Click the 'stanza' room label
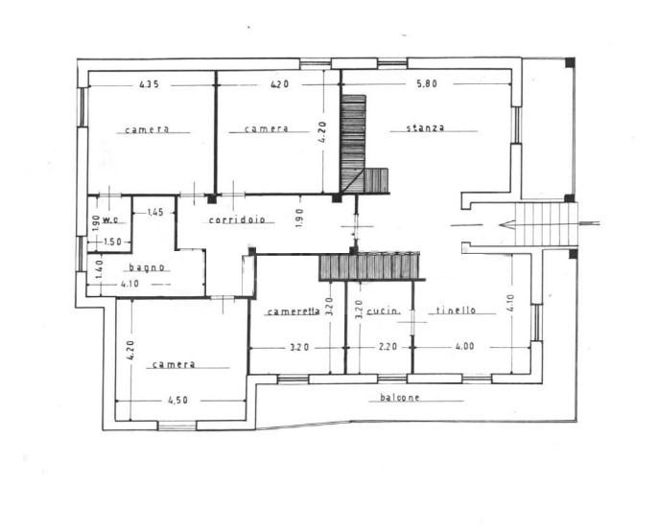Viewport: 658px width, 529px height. tap(426, 127)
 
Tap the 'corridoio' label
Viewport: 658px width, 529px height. tap(237, 219)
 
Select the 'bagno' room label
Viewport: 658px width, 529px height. tap(147, 267)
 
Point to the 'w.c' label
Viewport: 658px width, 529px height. tap(110, 219)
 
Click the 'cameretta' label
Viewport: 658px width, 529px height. tap(294, 311)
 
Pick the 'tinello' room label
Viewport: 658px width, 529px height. tap(457, 310)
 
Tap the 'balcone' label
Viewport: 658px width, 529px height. tap(399, 398)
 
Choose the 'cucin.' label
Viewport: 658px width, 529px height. tap(383, 311)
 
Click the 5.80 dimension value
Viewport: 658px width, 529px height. tap(426, 83)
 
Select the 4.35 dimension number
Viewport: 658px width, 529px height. tap(150, 84)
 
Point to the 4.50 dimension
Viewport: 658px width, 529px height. tap(178, 401)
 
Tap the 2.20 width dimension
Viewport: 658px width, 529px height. tap(388, 347)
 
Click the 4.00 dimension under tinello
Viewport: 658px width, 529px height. tap(464, 346)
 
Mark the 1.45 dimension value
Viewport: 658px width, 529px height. tap(154, 213)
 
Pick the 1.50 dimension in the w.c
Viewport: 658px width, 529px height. tap(112, 241)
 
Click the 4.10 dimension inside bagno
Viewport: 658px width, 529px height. tap(129, 284)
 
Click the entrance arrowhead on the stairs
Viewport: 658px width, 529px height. tap(506, 224)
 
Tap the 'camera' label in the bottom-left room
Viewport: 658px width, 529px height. tap(174, 364)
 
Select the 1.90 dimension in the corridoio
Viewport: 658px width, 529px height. tap(299, 218)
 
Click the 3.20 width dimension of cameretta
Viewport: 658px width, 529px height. tap(299, 347)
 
